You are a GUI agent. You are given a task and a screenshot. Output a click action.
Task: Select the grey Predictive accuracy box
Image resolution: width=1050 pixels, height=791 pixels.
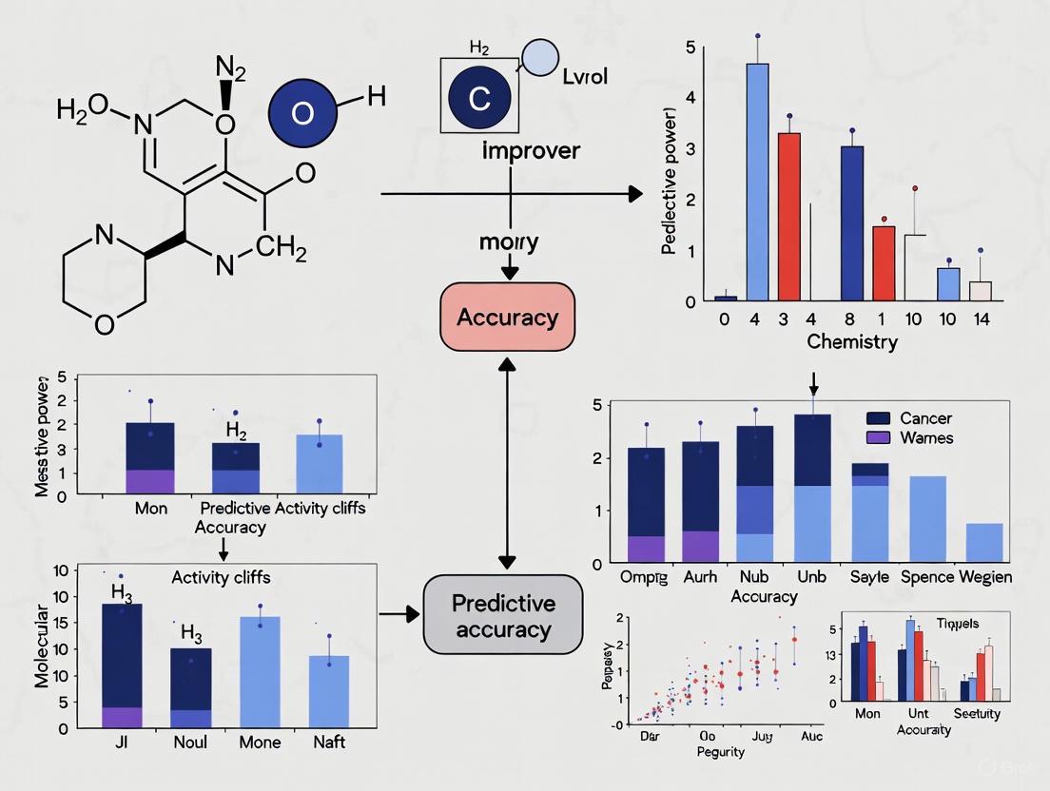(503, 615)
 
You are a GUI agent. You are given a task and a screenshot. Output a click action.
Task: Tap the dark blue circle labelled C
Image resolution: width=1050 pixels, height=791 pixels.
(478, 95)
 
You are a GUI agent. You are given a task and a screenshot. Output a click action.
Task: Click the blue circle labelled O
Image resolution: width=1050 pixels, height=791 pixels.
(301, 113)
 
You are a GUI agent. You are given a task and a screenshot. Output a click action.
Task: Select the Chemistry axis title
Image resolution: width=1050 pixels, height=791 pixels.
(851, 342)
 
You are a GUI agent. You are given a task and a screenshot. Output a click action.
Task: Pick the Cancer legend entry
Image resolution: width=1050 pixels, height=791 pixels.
(925, 418)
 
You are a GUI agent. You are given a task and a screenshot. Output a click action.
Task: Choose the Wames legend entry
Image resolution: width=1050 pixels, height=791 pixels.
(925, 438)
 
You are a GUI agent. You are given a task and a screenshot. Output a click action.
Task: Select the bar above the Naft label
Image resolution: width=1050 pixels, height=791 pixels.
(329, 690)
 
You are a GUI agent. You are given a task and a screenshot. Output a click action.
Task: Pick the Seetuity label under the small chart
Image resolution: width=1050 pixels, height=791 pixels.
(976, 713)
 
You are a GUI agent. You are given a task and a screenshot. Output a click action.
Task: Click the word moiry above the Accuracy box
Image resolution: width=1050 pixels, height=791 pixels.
(509, 241)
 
